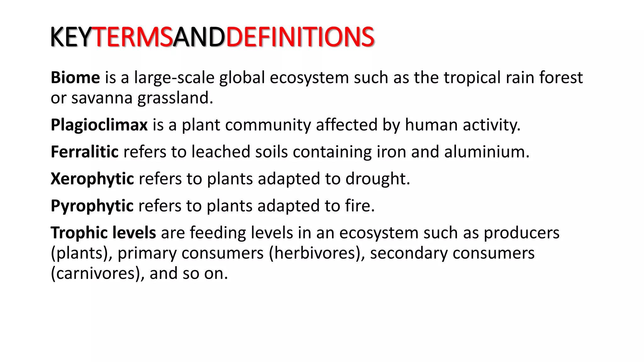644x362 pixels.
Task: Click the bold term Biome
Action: click(x=75, y=77)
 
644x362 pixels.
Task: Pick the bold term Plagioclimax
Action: click(x=99, y=125)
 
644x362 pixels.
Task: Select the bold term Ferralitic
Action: click(x=85, y=152)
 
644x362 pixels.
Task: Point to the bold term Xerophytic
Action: click(x=92, y=179)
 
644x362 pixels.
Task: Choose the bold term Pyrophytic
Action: click(x=92, y=206)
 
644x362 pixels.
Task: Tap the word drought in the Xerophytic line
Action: click(x=377, y=179)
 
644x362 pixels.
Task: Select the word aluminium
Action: click(x=486, y=152)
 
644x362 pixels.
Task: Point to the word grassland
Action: click(x=175, y=98)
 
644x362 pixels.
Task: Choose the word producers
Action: click(x=521, y=233)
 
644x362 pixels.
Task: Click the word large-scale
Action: click(x=174, y=77)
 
